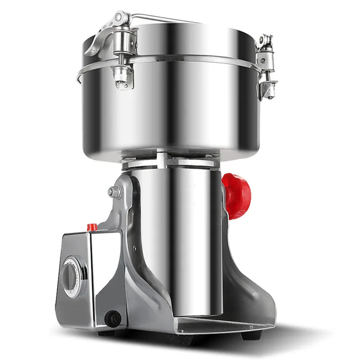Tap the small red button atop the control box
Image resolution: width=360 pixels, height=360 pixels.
(92, 227)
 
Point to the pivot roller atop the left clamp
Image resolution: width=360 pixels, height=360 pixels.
(121, 18)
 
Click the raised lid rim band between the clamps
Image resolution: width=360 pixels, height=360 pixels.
(189, 58)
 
